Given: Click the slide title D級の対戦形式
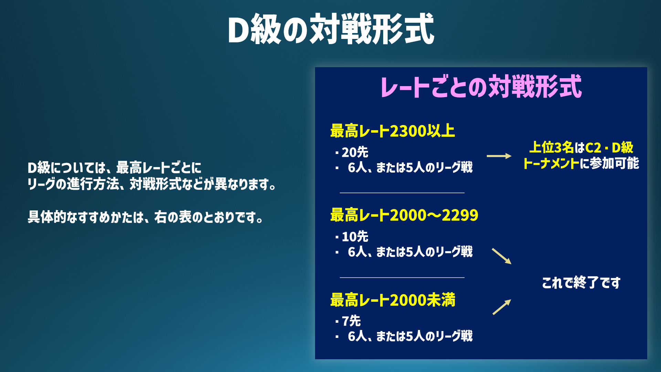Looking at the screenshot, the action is (x=331, y=29).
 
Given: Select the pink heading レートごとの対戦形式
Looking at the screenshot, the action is (x=481, y=86).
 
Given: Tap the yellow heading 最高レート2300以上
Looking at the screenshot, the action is (x=392, y=131).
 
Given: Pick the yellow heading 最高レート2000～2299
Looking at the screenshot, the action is (x=404, y=215).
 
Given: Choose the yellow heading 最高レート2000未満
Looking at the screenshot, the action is (x=392, y=300).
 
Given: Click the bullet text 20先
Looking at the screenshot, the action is (x=352, y=152).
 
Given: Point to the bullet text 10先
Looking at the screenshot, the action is (x=352, y=237).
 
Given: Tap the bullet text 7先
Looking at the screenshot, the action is (x=348, y=321).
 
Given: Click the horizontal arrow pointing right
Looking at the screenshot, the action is (x=499, y=156).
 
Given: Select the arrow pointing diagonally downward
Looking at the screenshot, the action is (x=502, y=256).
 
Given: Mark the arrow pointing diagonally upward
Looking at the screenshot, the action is (x=502, y=307).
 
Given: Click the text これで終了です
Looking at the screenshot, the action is (x=581, y=283).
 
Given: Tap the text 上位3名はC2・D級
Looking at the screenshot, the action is (x=581, y=147).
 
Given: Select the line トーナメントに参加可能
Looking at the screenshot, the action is (x=581, y=163).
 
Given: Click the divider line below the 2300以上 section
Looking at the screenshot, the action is (x=402, y=193).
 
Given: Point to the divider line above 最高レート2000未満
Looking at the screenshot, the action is (x=402, y=277).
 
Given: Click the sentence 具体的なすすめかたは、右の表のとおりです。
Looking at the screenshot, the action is (x=146, y=217).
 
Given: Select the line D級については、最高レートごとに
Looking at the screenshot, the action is (x=114, y=168).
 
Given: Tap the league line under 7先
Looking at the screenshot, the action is (x=404, y=336).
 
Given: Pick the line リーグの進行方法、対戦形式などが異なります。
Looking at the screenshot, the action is (x=152, y=184).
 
